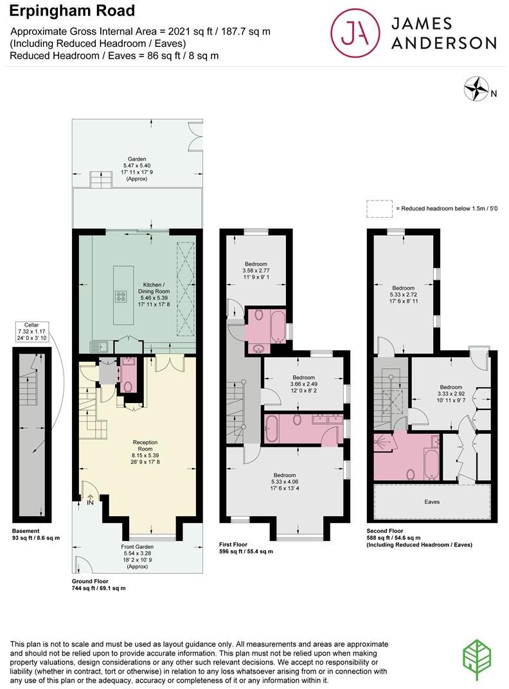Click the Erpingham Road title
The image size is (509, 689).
point(72,11)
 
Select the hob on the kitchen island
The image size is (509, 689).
point(121,296)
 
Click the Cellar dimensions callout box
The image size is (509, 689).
point(33,332)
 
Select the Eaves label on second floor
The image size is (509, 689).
point(432,501)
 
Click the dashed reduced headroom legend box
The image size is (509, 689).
point(379,208)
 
